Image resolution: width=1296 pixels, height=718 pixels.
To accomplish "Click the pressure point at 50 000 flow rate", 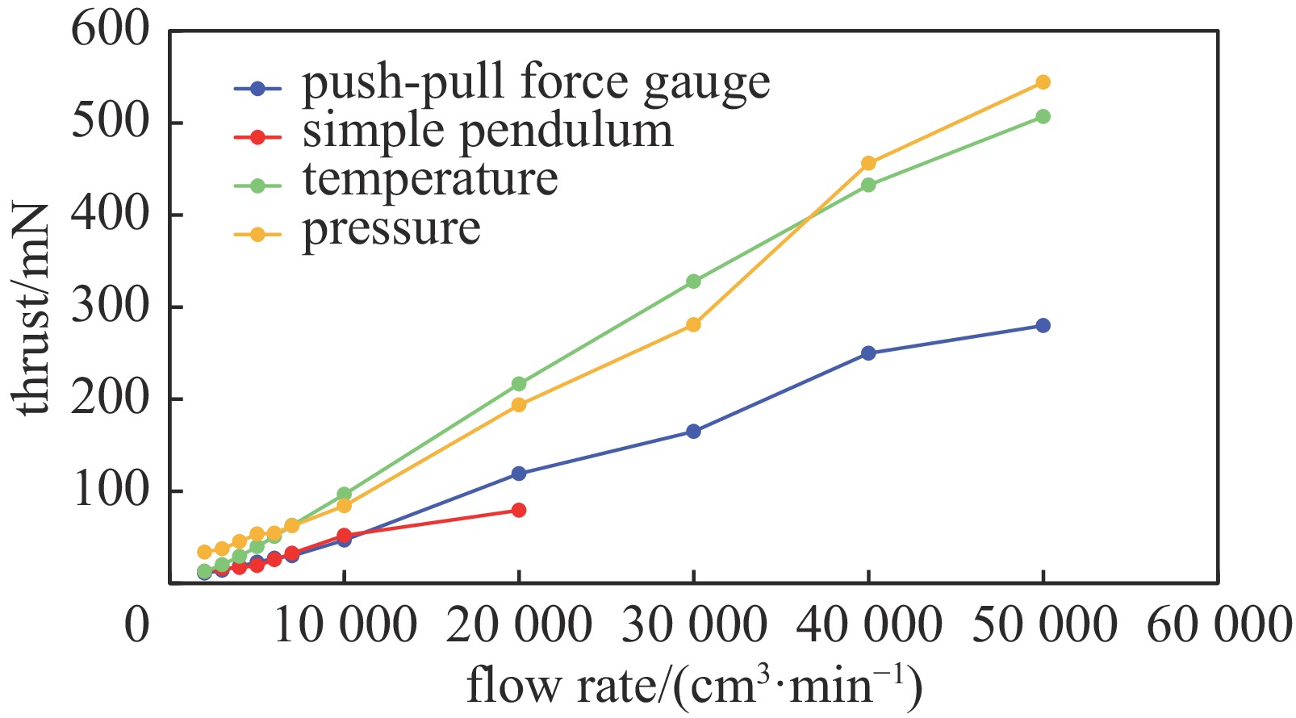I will pos(1043,82).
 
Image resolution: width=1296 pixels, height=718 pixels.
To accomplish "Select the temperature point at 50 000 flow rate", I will pos(1043,116).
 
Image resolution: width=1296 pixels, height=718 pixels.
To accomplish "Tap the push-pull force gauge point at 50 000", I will pos(1043,325).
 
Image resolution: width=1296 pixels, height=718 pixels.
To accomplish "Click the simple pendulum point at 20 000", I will pos(519,510).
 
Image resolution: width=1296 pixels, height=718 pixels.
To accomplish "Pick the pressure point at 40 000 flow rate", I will pos(868,163).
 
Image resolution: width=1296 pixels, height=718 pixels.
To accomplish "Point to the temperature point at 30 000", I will pos(693,281).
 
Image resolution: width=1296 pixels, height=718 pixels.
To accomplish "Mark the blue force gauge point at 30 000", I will pos(693,432).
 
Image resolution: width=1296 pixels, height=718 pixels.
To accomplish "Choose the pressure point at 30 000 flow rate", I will pos(693,324).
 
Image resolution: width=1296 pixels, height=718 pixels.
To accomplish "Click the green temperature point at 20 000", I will pos(519,384).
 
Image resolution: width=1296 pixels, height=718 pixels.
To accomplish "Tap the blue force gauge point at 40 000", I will pos(868,353).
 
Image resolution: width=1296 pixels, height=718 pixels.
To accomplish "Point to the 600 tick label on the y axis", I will pos(111,31).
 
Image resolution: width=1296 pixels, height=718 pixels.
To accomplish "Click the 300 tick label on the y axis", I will pos(111,307).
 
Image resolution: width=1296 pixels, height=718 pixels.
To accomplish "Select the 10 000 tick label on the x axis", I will pos(345,625).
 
